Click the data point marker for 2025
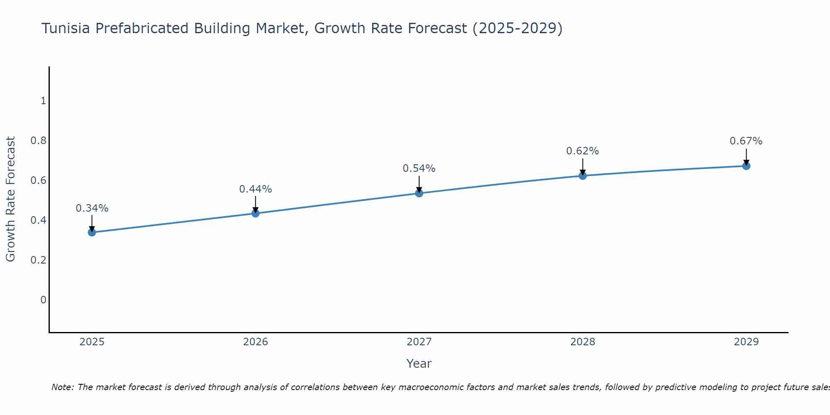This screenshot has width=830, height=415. click(92, 232)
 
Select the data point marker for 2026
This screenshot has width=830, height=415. click(256, 213)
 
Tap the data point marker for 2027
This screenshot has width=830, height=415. click(419, 193)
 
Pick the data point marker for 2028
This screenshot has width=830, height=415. click(583, 176)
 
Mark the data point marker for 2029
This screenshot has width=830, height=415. click(746, 166)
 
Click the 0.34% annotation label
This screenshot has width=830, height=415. click(92, 208)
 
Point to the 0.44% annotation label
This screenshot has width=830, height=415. click(256, 189)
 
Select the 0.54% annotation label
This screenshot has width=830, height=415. click(419, 168)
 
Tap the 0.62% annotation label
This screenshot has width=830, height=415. click(583, 151)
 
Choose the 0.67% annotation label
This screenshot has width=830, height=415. click(746, 141)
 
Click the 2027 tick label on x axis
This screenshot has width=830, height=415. click(419, 342)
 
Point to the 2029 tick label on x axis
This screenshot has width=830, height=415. click(746, 342)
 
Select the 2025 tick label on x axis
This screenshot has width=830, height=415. click(92, 342)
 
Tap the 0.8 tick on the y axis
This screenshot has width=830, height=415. click(38, 141)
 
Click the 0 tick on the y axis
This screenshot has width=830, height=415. click(43, 300)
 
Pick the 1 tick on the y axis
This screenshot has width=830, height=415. click(43, 101)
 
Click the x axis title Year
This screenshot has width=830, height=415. click(419, 364)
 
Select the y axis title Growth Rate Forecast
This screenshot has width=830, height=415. click(10, 199)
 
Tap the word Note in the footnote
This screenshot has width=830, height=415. click(62, 387)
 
